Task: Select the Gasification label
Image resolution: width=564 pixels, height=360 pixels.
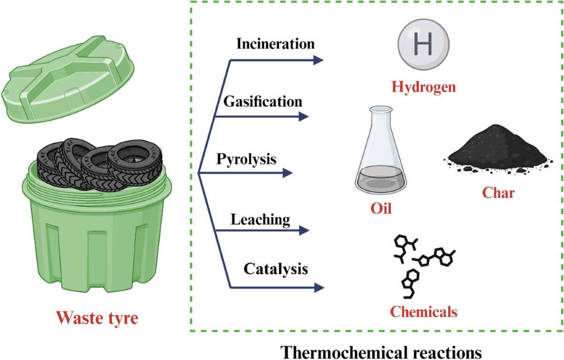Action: [x=262, y=101]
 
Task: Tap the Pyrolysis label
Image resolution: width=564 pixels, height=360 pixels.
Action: [x=246, y=159]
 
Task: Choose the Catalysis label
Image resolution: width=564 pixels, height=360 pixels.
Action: [x=275, y=269]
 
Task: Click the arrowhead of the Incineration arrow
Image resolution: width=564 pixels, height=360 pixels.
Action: [x=319, y=60]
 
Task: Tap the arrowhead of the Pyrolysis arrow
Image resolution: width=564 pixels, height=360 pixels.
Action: [x=287, y=173]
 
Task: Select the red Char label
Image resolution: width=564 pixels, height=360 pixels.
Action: [x=498, y=193]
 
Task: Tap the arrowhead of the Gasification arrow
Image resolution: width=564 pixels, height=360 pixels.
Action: [x=304, y=117]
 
